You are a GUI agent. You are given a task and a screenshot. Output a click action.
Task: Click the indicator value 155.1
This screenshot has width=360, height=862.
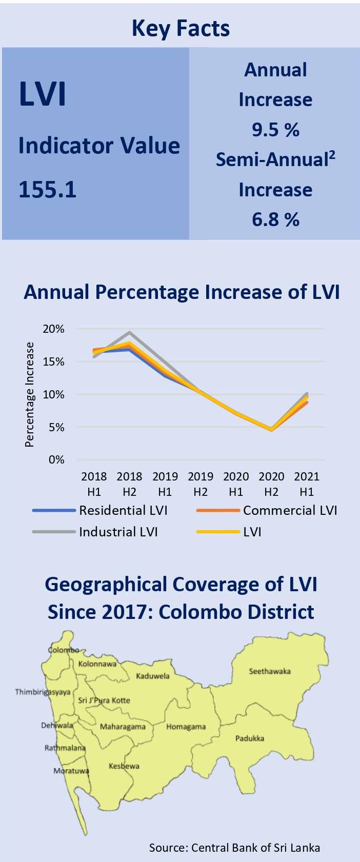(x=48, y=190)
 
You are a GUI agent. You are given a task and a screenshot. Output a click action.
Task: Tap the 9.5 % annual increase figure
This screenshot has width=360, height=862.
(x=275, y=130)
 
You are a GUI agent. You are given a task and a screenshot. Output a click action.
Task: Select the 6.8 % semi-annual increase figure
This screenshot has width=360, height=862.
(x=275, y=219)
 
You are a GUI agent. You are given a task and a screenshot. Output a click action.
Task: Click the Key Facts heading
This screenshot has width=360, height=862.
(x=181, y=28)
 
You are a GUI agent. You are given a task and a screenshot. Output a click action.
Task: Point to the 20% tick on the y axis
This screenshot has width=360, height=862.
(x=53, y=329)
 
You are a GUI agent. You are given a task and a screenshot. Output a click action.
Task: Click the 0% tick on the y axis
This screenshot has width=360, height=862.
(x=56, y=460)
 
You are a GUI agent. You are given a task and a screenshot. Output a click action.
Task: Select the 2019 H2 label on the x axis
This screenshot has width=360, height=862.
(x=201, y=484)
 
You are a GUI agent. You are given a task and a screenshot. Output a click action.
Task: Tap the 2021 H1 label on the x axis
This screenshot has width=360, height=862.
(x=307, y=484)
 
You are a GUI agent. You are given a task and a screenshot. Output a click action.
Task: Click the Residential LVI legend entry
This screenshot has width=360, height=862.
(x=123, y=510)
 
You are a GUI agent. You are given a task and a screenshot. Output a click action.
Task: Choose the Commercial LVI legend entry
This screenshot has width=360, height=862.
(x=290, y=510)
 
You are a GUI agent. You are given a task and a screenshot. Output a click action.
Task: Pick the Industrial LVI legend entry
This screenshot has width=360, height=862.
(x=118, y=532)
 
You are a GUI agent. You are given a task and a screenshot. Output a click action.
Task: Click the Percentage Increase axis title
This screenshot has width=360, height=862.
(x=30, y=395)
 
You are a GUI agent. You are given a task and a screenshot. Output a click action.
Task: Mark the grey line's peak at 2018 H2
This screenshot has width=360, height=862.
(x=129, y=332)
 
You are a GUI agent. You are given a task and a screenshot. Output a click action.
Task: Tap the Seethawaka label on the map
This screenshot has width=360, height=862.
(x=270, y=671)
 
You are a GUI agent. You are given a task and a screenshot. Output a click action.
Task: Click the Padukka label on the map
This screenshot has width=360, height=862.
(x=250, y=738)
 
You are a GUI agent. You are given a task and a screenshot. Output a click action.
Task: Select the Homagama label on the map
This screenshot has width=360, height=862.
(x=186, y=727)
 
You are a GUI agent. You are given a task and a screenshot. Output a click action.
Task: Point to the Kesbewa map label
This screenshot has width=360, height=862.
(x=124, y=766)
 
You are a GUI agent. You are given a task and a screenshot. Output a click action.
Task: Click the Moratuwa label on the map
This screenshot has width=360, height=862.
(x=71, y=771)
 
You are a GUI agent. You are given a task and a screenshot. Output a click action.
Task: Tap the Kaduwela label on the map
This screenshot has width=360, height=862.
(x=152, y=676)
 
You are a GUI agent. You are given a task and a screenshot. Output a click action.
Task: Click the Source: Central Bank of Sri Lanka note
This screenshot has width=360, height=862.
(x=234, y=848)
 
